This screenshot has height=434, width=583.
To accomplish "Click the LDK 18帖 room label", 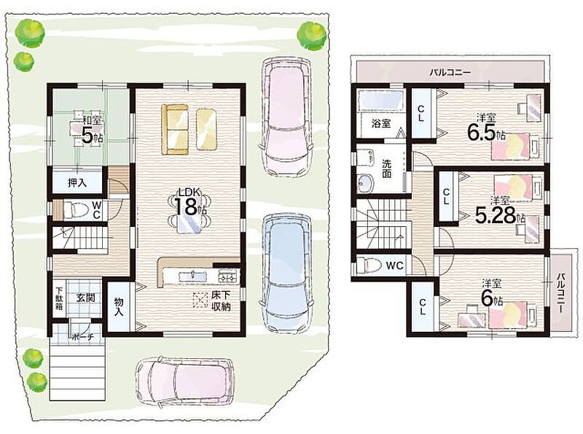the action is pyautogui.click(x=190, y=204).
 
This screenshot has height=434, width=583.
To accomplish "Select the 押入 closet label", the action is pyautogui.click(x=77, y=183).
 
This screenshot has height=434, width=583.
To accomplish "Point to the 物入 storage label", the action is pyautogui.click(x=119, y=306).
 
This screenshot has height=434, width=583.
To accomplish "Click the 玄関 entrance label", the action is pyautogui.click(x=86, y=298).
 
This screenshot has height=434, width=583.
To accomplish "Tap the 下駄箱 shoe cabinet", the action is pyautogui.click(x=59, y=298).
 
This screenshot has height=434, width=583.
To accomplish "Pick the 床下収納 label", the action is pyautogui.click(x=221, y=301).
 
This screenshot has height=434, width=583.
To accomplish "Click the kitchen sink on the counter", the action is pyautogui.click(x=193, y=276).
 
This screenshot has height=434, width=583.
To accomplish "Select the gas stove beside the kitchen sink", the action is pyautogui.click(x=228, y=276).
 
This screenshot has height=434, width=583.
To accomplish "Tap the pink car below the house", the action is pyautogui.click(x=184, y=381).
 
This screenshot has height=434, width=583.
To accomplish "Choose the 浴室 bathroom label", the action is pyautogui.click(x=381, y=123).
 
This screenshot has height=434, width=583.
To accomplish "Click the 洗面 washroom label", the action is pyautogui.click(x=386, y=168).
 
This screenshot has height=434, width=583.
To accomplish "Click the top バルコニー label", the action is pyautogui.click(x=450, y=71).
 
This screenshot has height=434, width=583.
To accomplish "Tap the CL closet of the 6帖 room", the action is pyautogui.click(x=422, y=306).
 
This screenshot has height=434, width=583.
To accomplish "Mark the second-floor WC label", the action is pyautogui.click(x=394, y=266).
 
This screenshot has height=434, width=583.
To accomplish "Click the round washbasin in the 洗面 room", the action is pyautogui.click(x=367, y=183).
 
